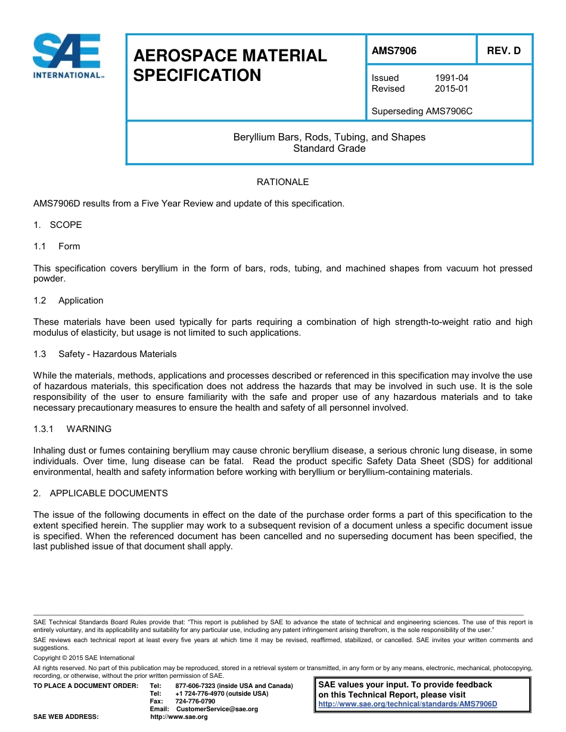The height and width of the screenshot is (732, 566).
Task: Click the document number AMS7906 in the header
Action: [394, 51]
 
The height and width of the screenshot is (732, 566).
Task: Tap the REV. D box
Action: [503, 51]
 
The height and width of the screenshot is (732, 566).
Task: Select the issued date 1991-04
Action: [451, 78]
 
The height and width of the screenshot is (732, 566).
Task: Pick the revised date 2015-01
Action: [451, 89]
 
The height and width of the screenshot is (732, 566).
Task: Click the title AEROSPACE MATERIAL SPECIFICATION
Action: [230, 65]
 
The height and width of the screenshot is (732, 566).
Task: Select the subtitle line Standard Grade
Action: [329, 148]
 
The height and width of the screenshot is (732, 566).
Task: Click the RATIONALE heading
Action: [282, 182]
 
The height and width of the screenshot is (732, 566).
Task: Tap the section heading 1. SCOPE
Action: [58, 225]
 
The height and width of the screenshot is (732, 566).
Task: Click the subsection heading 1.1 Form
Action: [57, 246]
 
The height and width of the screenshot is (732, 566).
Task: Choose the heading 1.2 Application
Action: [69, 301]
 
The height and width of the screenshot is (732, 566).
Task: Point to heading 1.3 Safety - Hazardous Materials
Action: [105, 354]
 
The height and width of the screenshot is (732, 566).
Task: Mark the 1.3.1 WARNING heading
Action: [73, 429]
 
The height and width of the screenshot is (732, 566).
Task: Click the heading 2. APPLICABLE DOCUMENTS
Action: [101, 493]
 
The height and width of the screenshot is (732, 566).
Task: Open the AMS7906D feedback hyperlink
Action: [408, 704]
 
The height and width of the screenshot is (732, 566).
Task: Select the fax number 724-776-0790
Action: [195, 701]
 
